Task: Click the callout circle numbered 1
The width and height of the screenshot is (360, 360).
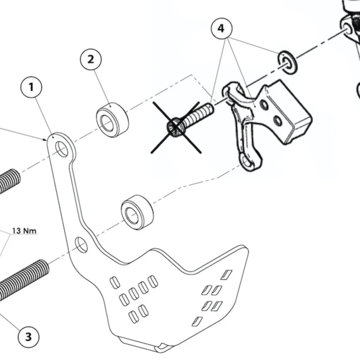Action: click(x=31, y=87)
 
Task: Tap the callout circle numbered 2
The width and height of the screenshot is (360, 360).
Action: click(x=91, y=59)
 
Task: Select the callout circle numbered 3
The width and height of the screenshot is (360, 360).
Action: click(x=28, y=337)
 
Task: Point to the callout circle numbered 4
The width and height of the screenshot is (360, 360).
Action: click(x=221, y=28)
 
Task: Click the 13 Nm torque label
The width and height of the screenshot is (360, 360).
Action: click(x=24, y=230)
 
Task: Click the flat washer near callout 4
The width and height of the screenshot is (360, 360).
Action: click(x=288, y=62)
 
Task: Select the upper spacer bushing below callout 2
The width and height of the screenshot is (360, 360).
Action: click(x=113, y=120)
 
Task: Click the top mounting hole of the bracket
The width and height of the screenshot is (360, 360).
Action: click(x=62, y=149)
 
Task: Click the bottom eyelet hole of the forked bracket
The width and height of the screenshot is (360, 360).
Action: click(x=248, y=163)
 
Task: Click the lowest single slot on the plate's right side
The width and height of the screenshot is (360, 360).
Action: click(x=197, y=321)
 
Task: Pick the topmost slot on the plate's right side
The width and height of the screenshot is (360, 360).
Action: click(x=227, y=274)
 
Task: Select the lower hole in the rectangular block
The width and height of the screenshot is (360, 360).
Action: click(x=278, y=121)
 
